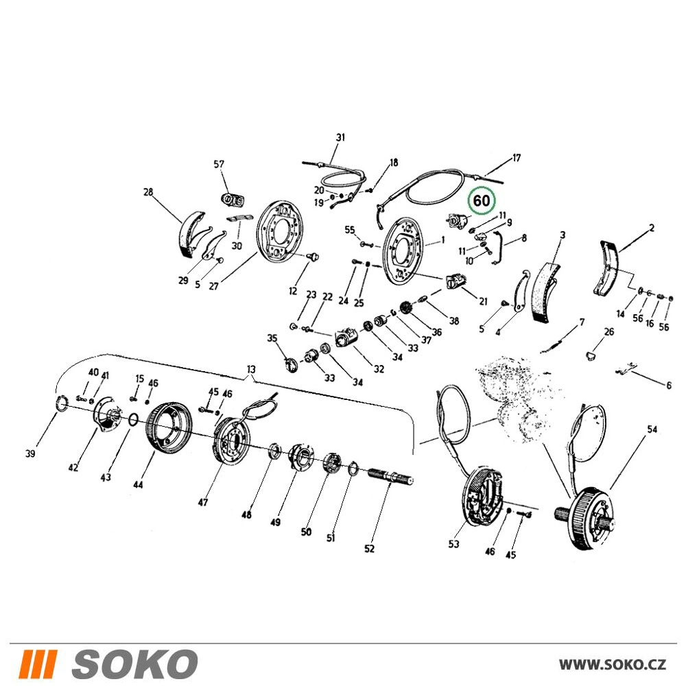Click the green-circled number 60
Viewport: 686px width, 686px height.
[482, 201]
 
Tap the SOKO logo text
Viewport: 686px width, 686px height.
[134, 663]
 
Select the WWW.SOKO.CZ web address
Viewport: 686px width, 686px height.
[613, 665]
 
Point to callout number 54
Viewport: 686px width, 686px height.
[652, 429]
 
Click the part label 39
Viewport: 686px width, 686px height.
[29, 453]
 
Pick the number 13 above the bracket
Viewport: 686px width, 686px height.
[250, 369]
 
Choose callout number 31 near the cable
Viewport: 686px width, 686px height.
[340, 137]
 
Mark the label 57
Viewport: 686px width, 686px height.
[219, 164]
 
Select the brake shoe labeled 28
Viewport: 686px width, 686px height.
[189, 235]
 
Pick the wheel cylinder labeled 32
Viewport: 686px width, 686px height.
[346, 339]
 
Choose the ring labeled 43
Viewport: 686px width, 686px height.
[134, 420]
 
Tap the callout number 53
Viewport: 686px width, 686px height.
[453, 543]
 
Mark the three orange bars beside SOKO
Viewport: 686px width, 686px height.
[39, 663]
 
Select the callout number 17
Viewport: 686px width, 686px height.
[517, 158]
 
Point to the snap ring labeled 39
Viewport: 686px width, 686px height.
[62, 403]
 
